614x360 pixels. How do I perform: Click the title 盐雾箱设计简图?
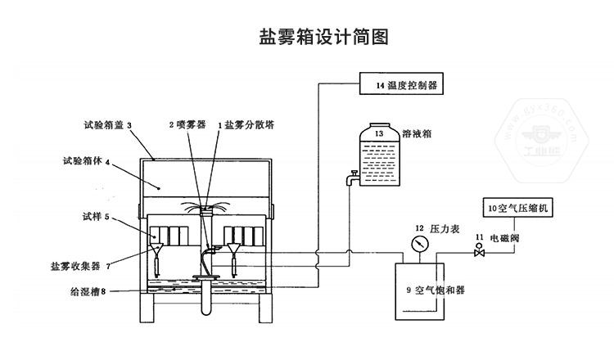pyautogui.click(x=311, y=37)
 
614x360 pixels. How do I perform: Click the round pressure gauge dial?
pyautogui.click(x=419, y=244)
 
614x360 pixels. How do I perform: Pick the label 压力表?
pyautogui.click(x=452, y=228)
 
